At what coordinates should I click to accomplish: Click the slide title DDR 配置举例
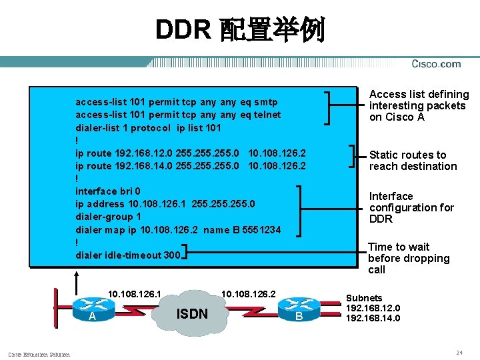[240, 30]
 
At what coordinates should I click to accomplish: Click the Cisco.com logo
[436, 64]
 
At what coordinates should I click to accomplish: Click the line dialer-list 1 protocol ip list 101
[148, 127]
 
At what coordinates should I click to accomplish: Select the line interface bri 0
[108, 191]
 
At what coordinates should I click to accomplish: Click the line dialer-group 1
[109, 217]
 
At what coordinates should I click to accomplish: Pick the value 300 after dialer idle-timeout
[171, 255]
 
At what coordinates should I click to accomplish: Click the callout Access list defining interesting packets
[419, 106]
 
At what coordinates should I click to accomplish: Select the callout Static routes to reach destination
[413, 161]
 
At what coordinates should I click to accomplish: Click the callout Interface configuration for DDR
[411, 207]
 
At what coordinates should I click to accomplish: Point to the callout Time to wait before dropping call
[409, 258]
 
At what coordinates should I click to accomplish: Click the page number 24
[459, 351]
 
